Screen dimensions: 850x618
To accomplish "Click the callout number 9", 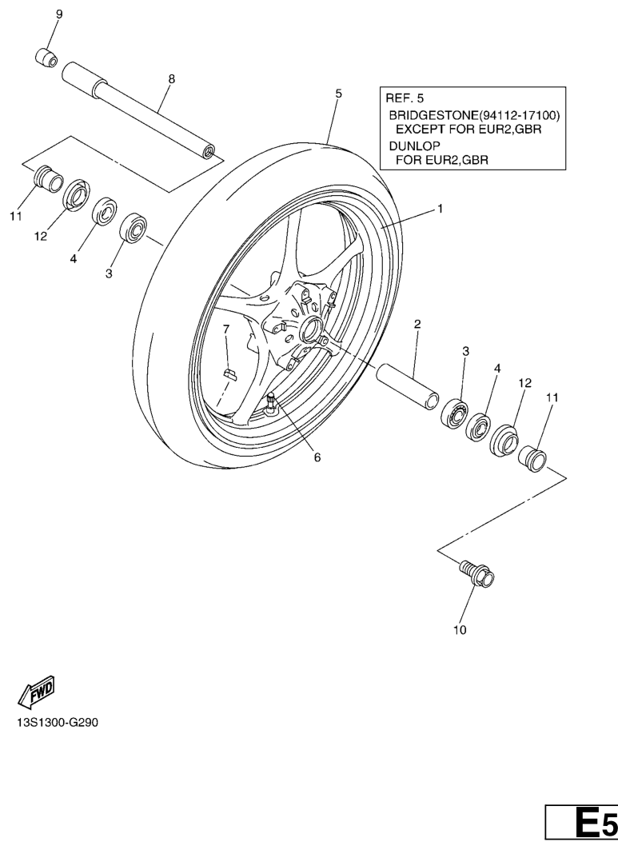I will pyautogui.click(x=58, y=15).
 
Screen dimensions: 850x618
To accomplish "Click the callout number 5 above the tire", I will pyautogui.click(x=338, y=94).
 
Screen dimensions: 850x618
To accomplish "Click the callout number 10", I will pyautogui.click(x=460, y=629).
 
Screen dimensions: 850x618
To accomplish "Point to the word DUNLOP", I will pyautogui.click(x=413, y=147).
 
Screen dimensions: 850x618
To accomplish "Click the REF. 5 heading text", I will pyautogui.click(x=406, y=98).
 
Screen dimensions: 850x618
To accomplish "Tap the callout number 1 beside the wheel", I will pyautogui.click(x=439, y=208).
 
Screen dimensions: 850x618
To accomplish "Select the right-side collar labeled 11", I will pyautogui.click(x=532, y=460).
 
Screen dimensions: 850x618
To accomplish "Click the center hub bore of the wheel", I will pyautogui.click(x=310, y=327).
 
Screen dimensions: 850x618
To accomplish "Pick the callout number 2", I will pyautogui.click(x=417, y=324).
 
